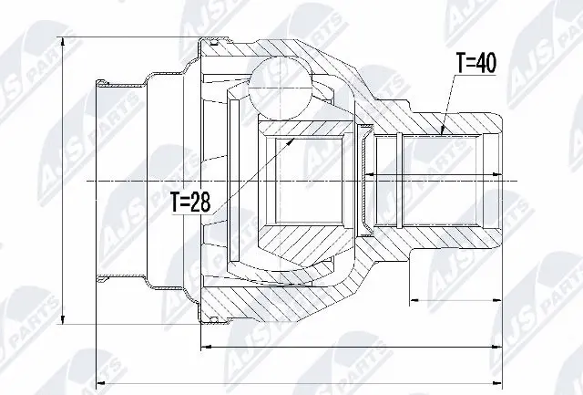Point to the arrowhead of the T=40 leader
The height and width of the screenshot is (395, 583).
coord(444,132)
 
